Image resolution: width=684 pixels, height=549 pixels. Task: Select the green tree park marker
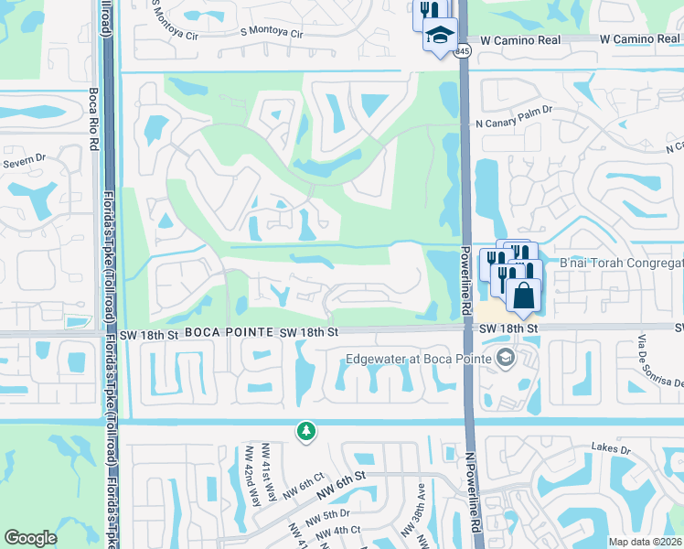[307, 429]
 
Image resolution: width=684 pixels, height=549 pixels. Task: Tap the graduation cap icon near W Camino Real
[439, 36]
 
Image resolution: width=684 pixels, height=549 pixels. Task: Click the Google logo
[30, 537]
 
